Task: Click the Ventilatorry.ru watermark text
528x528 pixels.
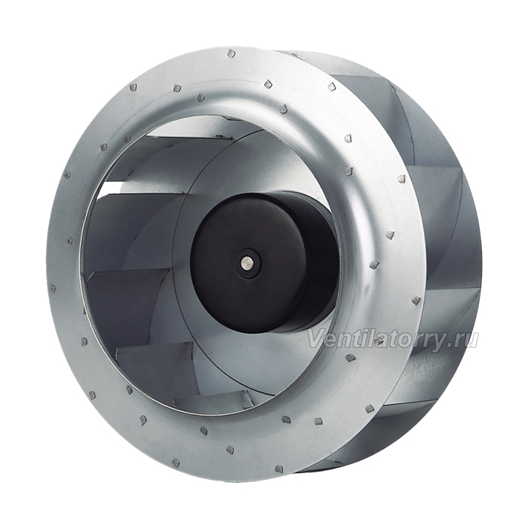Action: point(393,339)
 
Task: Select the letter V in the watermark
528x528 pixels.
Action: point(315,339)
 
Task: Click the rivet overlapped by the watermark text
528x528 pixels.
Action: point(379,341)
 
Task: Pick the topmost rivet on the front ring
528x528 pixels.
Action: point(232,54)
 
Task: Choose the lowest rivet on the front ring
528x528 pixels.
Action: point(279,468)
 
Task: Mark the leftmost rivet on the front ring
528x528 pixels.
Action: point(53,289)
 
